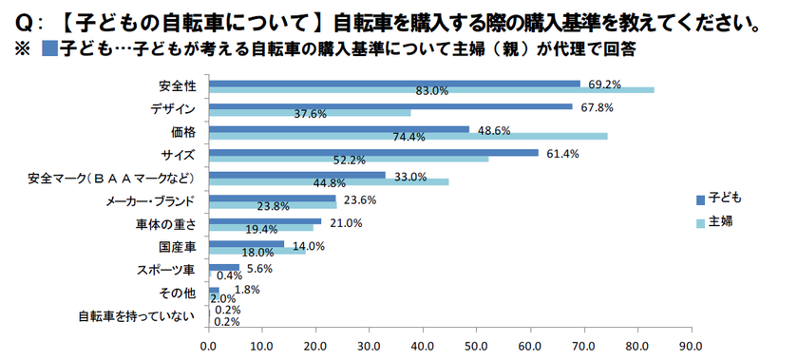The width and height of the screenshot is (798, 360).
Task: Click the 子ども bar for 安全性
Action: [393, 84]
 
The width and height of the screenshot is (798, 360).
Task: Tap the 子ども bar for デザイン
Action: [389, 106]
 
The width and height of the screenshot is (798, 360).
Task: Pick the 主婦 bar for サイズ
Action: [348, 159]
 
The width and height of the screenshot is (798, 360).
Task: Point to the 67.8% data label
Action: [598, 107]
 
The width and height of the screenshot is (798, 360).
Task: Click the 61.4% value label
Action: [563, 153]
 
